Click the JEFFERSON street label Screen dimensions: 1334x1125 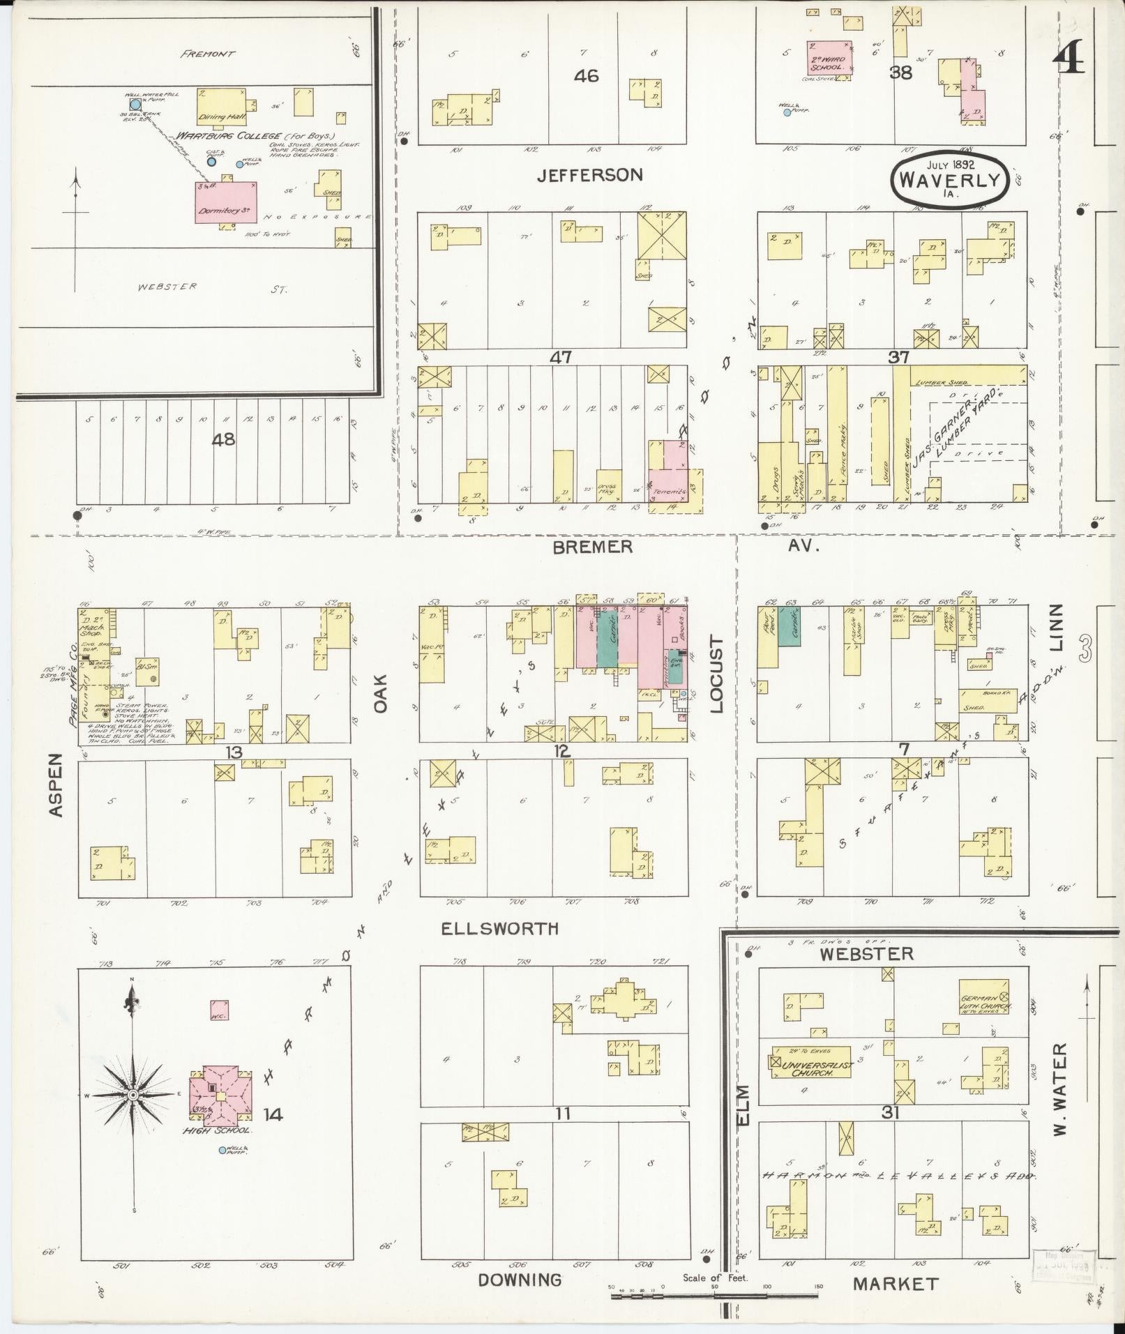(x=589, y=175)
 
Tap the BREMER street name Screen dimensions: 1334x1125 (x=592, y=547)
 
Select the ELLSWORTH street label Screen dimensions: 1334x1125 (x=499, y=929)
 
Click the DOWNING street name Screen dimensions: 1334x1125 (x=520, y=1280)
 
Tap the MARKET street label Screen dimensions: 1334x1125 (x=896, y=1283)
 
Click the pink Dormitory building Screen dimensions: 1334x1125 (x=226, y=202)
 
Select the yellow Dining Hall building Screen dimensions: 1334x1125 (x=220, y=107)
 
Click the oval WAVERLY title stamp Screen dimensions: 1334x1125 (x=949, y=179)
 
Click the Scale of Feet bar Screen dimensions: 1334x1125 (x=714, y=1296)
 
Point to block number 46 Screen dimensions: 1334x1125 (x=586, y=75)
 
